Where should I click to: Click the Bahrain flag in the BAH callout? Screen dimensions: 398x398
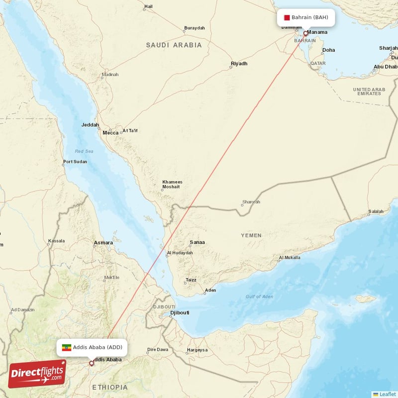click(x=287, y=17)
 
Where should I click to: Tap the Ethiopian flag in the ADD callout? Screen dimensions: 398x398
click(x=66, y=347)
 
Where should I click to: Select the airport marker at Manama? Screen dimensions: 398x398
click(x=305, y=34)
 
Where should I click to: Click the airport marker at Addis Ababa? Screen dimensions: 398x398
click(x=92, y=363)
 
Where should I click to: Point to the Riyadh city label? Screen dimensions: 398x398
click(x=239, y=64)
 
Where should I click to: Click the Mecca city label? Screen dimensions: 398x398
click(x=110, y=133)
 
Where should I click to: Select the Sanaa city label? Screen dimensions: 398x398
click(x=197, y=242)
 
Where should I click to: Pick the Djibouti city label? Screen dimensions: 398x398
click(x=180, y=313)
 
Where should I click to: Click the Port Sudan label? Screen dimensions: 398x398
click(x=75, y=162)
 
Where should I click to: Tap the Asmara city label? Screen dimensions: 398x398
click(x=103, y=243)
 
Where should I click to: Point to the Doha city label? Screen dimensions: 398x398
click(x=328, y=50)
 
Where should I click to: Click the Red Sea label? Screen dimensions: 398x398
click(x=84, y=151)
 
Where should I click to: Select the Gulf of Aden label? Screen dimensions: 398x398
click(x=259, y=297)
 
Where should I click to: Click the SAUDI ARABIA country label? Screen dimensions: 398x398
click(x=174, y=45)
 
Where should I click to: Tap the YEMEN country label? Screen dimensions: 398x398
click(x=251, y=235)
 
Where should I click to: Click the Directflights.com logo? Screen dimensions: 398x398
click(x=37, y=374)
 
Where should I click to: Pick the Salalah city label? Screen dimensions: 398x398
click(x=376, y=212)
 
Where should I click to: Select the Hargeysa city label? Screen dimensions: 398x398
click(x=198, y=350)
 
